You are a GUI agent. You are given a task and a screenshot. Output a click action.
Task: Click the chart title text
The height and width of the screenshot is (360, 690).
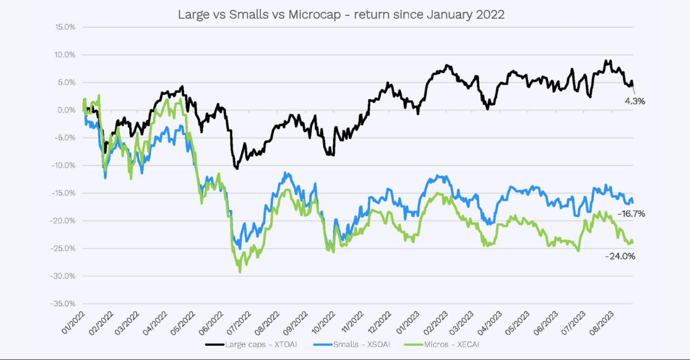tap(341, 14)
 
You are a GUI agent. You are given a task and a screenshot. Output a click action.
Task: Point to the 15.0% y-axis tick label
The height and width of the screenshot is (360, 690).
tap(65, 27)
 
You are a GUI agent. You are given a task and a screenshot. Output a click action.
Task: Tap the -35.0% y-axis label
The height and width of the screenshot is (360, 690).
tap(64, 304)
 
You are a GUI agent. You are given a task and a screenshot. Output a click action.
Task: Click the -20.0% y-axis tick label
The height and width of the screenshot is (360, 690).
tap(64, 221)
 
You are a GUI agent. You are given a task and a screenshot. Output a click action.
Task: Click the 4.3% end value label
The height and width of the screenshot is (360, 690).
tap(635, 102)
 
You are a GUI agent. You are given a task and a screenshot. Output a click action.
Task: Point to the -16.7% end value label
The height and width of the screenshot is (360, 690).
tap(631, 214)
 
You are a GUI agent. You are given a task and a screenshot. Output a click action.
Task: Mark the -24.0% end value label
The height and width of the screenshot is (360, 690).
tap(620, 257)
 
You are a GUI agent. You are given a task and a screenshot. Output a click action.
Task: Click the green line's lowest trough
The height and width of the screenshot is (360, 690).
tap(240, 272)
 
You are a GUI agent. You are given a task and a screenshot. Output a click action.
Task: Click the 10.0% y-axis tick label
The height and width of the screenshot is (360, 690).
tap(65, 55)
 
